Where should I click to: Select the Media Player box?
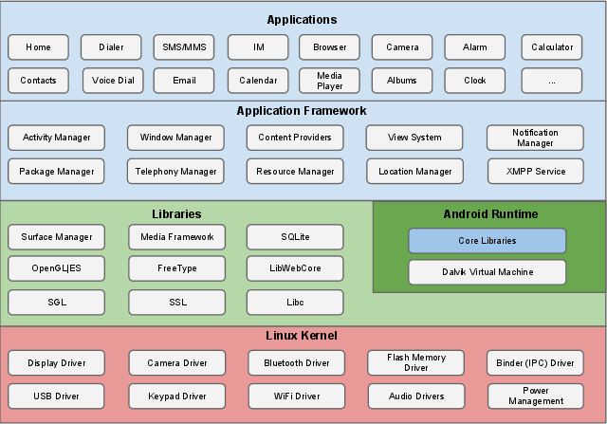click(x=329, y=81)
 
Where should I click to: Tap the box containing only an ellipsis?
click(x=552, y=81)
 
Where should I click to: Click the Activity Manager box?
click(x=56, y=138)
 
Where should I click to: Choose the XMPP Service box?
click(x=536, y=172)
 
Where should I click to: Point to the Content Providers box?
click(x=294, y=138)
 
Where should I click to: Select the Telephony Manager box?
click(x=176, y=172)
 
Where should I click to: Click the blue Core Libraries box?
click(x=487, y=241)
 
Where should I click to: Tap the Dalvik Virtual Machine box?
click(x=487, y=272)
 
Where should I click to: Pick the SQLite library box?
click(x=294, y=237)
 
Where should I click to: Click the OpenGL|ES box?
click(x=56, y=268)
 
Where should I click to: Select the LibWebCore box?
click(x=294, y=268)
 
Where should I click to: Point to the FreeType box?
click(x=176, y=268)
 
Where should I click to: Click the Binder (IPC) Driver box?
click(x=536, y=363)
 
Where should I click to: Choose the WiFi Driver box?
click(x=294, y=396)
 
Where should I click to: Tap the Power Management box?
click(x=536, y=396)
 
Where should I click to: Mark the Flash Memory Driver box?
click(x=415, y=363)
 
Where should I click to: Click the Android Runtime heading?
click(x=489, y=214)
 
